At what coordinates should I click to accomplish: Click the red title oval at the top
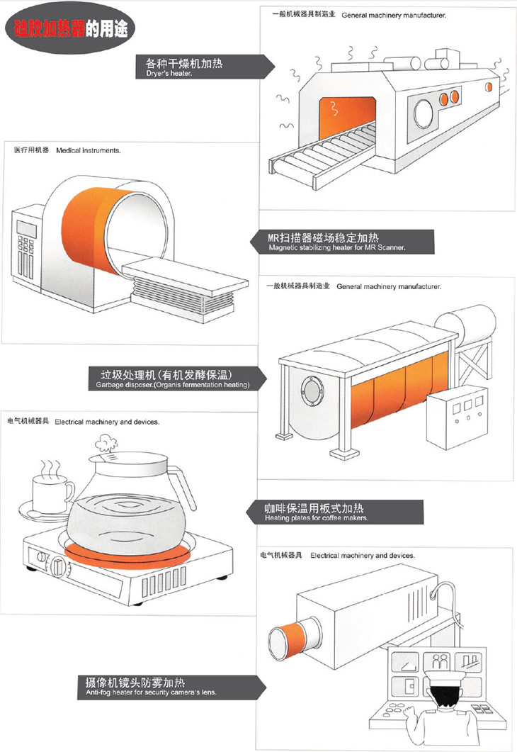coord(68,29)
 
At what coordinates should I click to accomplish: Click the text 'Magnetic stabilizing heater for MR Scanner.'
coord(337,248)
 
